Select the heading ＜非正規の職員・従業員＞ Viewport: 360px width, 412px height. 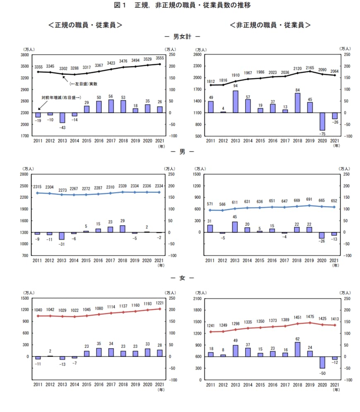(x=270, y=25)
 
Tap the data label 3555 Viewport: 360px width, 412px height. (x=160, y=58)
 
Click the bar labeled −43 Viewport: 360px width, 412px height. (x=62, y=118)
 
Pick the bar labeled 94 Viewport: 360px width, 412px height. (x=235, y=101)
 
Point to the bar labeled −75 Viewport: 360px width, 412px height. (x=322, y=121)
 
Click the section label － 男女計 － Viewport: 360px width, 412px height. (x=180, y=37)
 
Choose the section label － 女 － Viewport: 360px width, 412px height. (x=181, y=278)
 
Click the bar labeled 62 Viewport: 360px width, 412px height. (x=298, y=349)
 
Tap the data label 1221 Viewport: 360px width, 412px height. (x=160, y=303)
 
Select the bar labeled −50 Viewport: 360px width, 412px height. (x=322, y=362)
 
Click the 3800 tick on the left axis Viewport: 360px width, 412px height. (x=24, y=55)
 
